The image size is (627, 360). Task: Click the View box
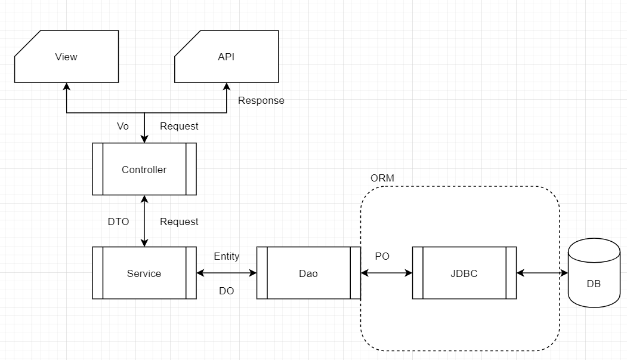[x=66, y=57]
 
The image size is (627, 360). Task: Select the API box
[x=227, y=57]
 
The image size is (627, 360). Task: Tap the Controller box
[x=144, y=170]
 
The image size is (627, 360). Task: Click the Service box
[x=144, y=273]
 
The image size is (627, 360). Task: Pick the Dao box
[x=308, y=273]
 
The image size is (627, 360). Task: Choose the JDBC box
[x=464, y=273]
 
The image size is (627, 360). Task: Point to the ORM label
[x=382, y=179]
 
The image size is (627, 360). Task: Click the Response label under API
[x=261, y=100]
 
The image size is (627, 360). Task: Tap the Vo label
[x=123, y=126]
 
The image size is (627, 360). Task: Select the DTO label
[x=118, y=221]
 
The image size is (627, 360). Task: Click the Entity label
[x=227, y=256]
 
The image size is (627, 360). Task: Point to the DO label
[x=227, y=291]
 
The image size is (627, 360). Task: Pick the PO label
[x=382, y=256]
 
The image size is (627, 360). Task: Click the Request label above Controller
[x=179, y=126]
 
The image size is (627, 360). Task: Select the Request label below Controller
[x=179, y=221]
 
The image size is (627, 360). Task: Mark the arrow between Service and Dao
[x=226, y=273]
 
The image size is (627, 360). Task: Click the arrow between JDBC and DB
[x=542, y=273]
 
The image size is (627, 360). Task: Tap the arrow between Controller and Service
[x=144, y=220]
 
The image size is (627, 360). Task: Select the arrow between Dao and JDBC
[x=387, y=273]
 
